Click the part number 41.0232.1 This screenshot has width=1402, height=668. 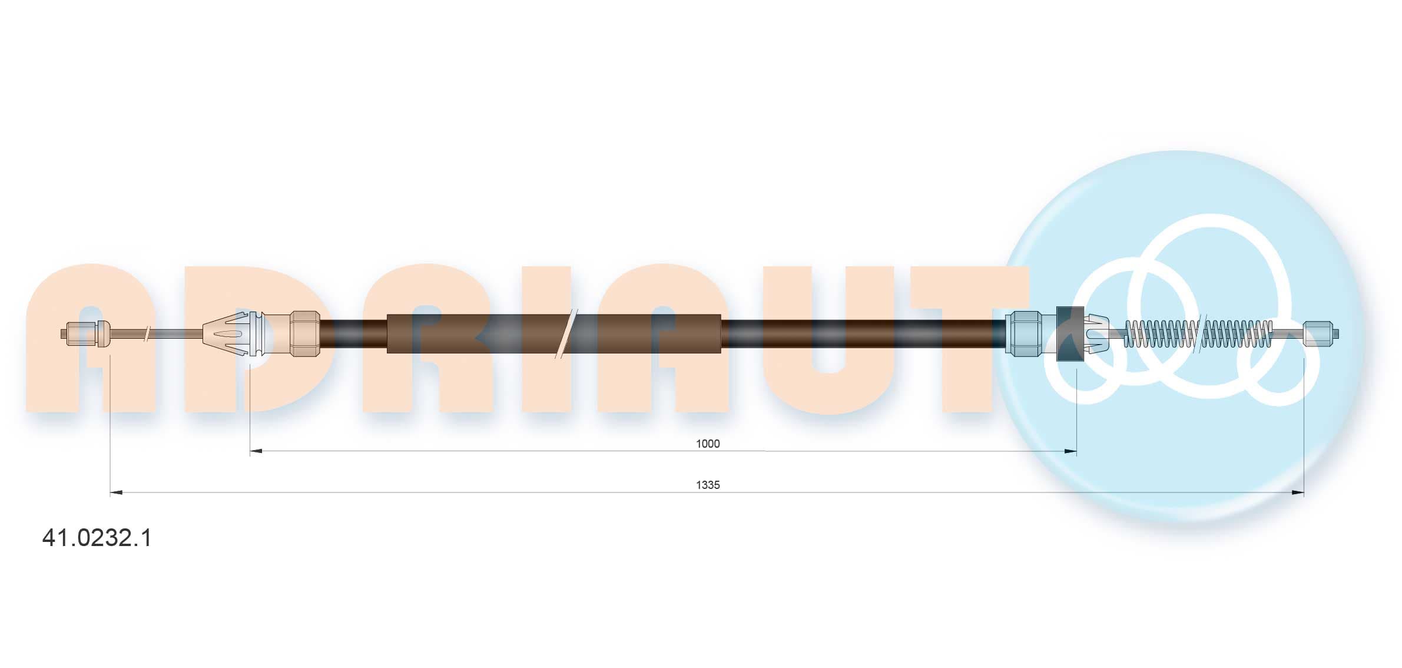pos(97,538)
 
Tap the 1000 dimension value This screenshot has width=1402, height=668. pos(708,444)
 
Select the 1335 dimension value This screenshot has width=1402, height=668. pos(708,485)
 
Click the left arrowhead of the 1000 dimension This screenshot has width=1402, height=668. pos(256,452)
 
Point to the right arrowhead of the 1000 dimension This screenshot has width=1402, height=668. pos(1070,452)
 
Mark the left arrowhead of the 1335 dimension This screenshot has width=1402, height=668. pos(117,492)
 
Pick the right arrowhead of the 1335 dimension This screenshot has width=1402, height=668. pos(1298,492)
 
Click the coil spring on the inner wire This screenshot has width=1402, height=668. pos(1198,334)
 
